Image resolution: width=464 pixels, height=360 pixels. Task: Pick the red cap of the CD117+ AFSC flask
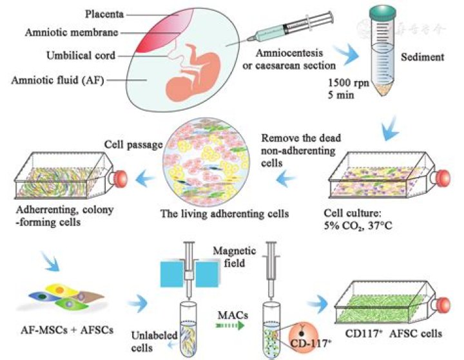444,305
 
